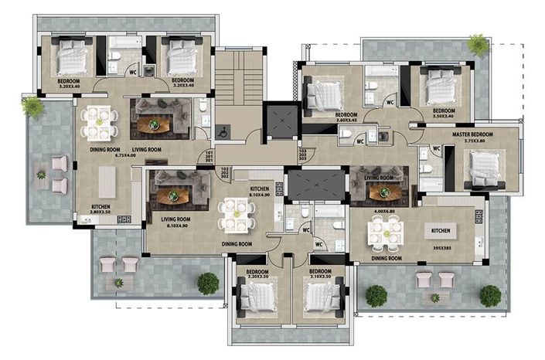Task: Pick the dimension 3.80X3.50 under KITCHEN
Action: [x=100, y=214]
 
